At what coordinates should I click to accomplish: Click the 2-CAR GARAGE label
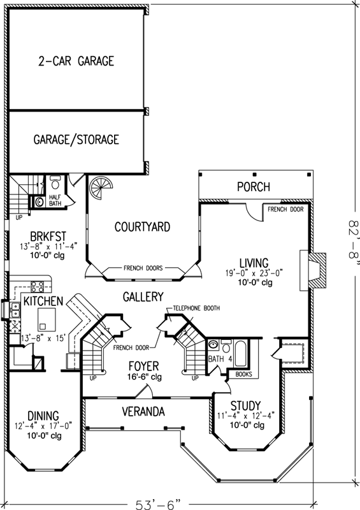75,61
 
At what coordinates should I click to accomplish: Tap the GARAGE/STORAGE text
76,140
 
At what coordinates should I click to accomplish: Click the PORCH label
253,187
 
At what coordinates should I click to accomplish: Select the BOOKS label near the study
243,375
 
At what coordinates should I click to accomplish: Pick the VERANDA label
143,412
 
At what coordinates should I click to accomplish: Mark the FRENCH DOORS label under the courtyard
142,268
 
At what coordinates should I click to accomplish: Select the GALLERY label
143,297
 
